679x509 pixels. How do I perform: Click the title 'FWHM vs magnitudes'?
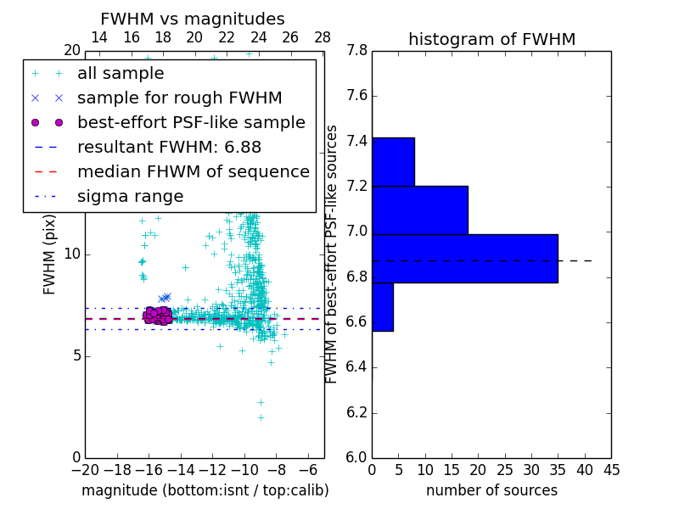click(x=193, y=20)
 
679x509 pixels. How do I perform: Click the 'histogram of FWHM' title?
click(x=491, y=39)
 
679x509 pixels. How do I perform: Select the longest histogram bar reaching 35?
click(x=464, y=258)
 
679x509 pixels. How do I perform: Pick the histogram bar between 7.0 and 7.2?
click(x=419, y=210)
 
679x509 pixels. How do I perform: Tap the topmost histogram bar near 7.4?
click(x=393, y=161)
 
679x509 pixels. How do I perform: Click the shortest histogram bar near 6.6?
click(x=382, y=306)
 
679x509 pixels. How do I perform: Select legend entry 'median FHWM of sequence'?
click(x=193, y=171)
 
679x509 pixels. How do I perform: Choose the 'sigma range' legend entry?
click(x=130, y=196)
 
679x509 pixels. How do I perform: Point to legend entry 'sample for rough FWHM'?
click(x=179, y=98)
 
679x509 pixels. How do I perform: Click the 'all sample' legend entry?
click(x=121, y=73)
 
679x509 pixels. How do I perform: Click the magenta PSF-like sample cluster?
click(x=157, y=316)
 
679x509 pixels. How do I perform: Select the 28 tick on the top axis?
click(x=323, y=37)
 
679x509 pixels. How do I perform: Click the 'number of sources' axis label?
click(x=491, y=490)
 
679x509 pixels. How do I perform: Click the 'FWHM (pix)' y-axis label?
click(x=50, y=254)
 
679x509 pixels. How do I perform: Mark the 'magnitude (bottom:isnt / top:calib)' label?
click(x=205, y=490)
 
